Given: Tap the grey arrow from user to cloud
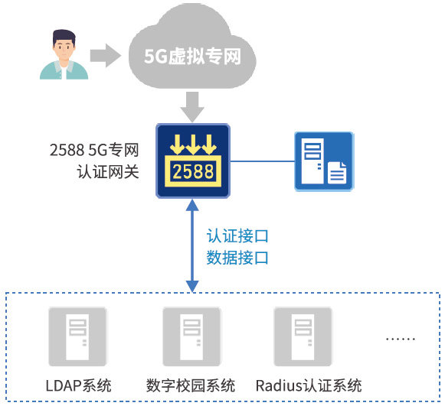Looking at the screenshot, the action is tap(105, 55).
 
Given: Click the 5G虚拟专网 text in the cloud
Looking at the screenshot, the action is tap(192, 56).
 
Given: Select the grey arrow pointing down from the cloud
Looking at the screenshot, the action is tap(192, 107).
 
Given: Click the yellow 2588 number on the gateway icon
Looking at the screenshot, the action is tap(193, 172).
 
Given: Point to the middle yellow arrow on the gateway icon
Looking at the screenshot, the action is tap(193, 145).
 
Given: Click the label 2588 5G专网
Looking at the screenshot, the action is tap(94, 150).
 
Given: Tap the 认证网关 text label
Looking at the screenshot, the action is tap(108, 172).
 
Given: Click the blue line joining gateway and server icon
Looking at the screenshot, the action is tap(262, 161).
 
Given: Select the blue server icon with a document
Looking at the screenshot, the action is tap(324, 161).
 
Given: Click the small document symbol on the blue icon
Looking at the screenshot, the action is tap(337, 173).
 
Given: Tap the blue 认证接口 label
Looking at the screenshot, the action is tap(237, 235).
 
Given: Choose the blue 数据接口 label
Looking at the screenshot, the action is tap(237, 258).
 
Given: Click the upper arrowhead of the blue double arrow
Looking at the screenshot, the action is tap(192, 205).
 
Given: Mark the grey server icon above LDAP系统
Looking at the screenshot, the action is tap(77, 336).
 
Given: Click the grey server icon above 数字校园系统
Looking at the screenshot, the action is tap(191, 336).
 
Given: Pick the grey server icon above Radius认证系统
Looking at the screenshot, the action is tap(303, 336).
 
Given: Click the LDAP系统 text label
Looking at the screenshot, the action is tap(79, 385).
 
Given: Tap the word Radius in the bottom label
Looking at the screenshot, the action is tap(279, 386).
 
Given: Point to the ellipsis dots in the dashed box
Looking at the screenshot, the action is tap(401, 339).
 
